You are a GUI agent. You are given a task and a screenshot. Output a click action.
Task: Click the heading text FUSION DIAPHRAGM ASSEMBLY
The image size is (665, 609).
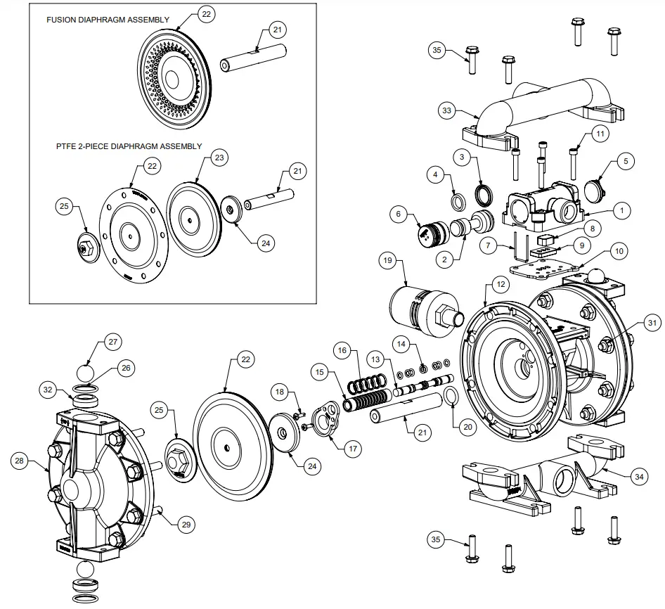tap(108, 20)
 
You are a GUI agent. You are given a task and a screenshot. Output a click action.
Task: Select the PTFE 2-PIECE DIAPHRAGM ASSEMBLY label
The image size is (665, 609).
tap(129, 147)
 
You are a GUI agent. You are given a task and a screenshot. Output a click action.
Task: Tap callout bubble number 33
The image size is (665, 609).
tap(446, 110)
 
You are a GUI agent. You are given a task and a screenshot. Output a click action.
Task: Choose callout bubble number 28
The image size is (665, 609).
tap(20, 461)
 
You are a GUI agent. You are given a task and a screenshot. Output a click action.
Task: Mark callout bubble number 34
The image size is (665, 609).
tap(638, 477)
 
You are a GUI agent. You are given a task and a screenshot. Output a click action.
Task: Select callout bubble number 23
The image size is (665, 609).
tap(219, 158)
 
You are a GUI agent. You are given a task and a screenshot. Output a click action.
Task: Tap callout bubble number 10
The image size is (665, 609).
tap(618, 250)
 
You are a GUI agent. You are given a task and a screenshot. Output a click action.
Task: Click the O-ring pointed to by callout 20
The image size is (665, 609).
tap(451, 398)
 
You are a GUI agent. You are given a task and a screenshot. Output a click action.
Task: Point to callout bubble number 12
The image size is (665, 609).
tap(500, 284)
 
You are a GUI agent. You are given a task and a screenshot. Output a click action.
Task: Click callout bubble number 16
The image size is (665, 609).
tap(342, 350)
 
